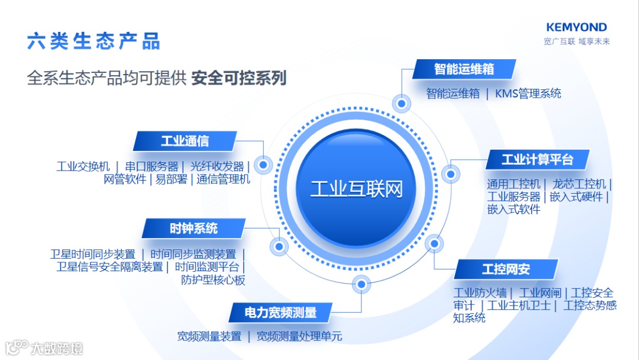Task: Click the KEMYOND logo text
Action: click(576, 27)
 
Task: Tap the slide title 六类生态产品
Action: click(93, 41)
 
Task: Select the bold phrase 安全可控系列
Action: click(239, 78)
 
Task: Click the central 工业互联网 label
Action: click(357, 189)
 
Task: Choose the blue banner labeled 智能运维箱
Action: click(464, 69)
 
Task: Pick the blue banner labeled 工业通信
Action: click(185, 141)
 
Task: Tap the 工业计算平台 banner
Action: click(537, 159)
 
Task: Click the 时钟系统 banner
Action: click(193, 228)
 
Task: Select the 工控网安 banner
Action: click(506, 269)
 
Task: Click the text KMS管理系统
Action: click(528, 94)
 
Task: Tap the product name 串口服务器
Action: click(151, 166)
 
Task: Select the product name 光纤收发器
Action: click(217, 166)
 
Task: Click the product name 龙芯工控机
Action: click(579, 184)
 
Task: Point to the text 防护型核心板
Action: click(213, 280)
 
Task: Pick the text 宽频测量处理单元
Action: click(299, 336)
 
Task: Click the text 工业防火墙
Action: click(480, 293)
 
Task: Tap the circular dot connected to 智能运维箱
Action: click(402, 104)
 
